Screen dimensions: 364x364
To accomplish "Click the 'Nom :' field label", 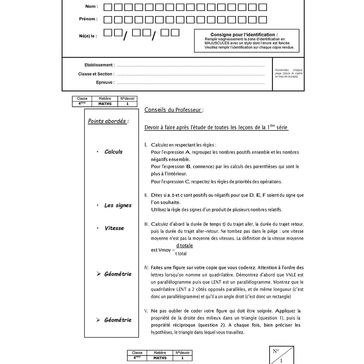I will (x=92, y=6).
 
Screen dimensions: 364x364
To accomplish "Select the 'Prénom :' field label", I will (x=88, y=19).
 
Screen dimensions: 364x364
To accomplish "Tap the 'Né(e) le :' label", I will (x=88, y=36).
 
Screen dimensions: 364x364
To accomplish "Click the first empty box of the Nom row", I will (x=108, y=7).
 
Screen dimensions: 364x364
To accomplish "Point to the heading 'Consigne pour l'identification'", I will (x=244, y=35).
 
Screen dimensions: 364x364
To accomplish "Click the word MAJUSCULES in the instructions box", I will (x=217, y=43).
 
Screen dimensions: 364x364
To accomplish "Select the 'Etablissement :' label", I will (x=99, y=65).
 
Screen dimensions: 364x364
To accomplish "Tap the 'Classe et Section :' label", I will (x=96, y=74).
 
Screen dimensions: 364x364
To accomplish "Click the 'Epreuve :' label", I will (x=105, y=83).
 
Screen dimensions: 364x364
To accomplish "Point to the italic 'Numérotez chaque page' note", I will (x=288, y=73).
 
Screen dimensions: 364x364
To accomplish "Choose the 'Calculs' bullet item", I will (x=113, y=152).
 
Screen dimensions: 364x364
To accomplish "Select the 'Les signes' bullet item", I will (x=118, y=205).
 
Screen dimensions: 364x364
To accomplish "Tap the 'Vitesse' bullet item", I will (x=114, y=228).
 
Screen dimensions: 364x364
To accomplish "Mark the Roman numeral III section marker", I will (x=147, y=224).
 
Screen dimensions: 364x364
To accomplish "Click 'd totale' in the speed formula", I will (x=184, y=245).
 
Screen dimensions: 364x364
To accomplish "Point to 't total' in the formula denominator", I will (x=181, y=254).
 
